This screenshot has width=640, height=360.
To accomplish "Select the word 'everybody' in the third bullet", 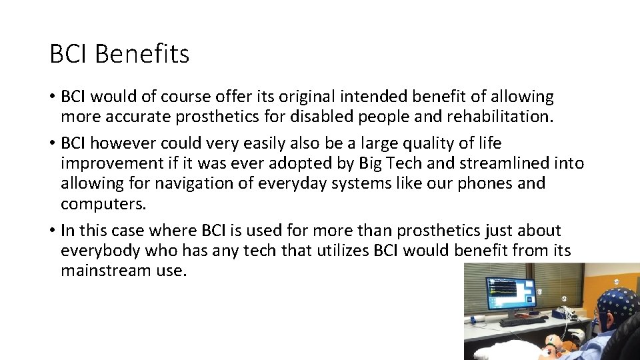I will [x=98, y=250].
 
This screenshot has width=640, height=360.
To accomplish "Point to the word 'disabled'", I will [x=318, y=117].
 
